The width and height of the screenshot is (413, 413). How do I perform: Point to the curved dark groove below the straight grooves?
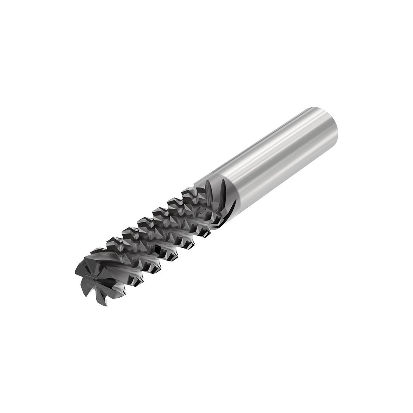tap(230, 209)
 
